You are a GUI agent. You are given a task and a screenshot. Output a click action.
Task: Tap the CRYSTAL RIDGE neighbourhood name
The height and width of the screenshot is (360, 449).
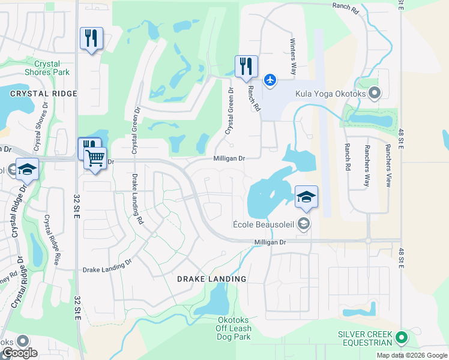[x=44, y=94]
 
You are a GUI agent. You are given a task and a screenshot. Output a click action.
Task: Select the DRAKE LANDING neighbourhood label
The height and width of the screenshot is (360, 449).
[x=211, y=279]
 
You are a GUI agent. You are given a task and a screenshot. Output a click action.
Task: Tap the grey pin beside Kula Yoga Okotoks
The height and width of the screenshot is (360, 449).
[x=375, y=93]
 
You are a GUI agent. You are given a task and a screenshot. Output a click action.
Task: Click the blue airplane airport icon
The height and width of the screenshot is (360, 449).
[x=270, y=79]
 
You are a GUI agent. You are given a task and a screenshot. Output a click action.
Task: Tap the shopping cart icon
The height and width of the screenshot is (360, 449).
[x=95, y=158]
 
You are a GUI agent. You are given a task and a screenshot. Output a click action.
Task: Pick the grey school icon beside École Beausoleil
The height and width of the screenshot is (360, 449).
[x=304, y=224]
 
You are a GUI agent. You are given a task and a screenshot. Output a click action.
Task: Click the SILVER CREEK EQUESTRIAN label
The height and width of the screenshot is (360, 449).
[x=365, y=338]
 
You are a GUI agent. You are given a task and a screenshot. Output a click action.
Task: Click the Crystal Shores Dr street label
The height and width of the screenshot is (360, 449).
[x=41, y=125]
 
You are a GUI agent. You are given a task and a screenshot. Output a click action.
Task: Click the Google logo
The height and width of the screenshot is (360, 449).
[x=20, y=353]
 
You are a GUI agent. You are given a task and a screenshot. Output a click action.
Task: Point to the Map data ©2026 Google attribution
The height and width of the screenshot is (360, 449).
[x=412, y=355]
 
